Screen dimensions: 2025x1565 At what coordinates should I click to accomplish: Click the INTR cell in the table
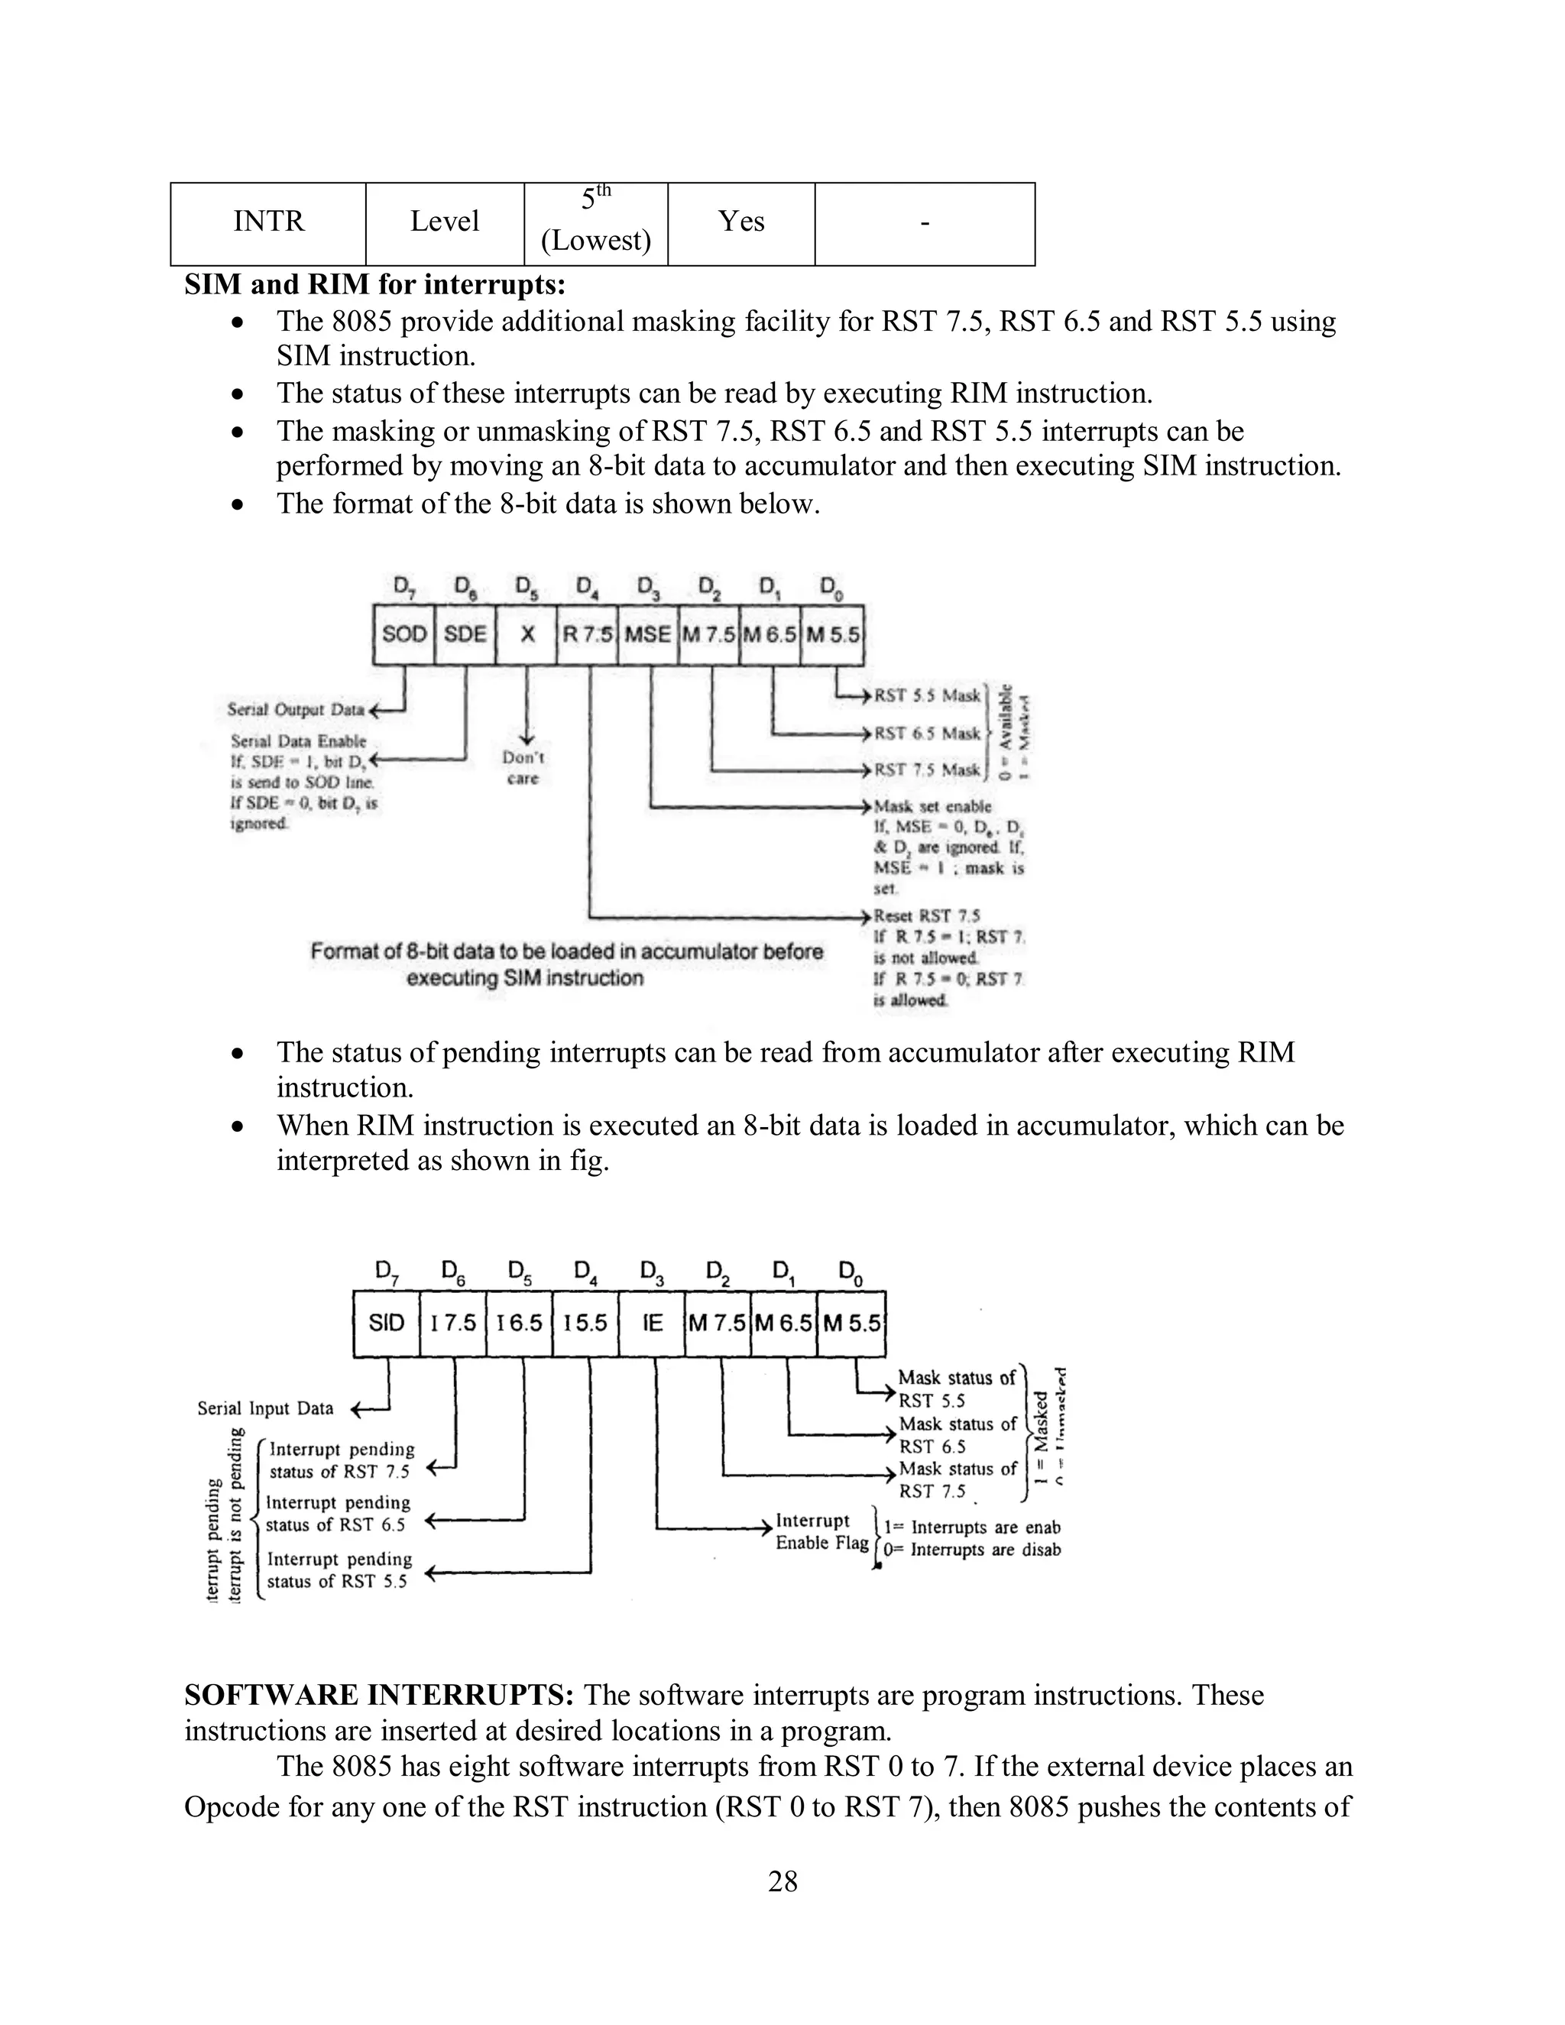coord(268,222)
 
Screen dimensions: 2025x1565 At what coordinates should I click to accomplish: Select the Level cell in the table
coord(444,222)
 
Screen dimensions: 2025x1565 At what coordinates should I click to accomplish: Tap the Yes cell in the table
coord(740,222)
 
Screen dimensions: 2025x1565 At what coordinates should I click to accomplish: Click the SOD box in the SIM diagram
coord(404,635)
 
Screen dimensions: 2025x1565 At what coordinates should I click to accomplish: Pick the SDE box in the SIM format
coord(465,635)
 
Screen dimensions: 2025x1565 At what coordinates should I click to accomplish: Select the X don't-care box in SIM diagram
coord(527,635)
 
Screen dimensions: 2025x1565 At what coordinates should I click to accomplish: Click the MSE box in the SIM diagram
coord(647,635)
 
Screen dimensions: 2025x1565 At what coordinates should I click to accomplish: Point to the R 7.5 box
coord(587,635)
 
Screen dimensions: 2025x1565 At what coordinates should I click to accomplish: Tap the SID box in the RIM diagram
coord(387,1323)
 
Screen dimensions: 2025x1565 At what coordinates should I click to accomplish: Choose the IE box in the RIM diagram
coord(652,1323)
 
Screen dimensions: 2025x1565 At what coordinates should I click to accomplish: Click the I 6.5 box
coord(519,1323)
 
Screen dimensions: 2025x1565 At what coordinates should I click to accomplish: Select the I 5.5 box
coord(585,1323)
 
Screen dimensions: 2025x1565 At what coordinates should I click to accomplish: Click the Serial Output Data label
coord(296,710)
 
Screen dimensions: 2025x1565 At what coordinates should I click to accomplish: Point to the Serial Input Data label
coord(265,1408)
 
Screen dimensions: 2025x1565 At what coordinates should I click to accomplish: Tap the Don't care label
coord(523,769)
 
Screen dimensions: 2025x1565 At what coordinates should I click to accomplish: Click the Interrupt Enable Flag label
coord(821,1531)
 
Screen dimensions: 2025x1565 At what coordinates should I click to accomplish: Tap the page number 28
coord(782,1881)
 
